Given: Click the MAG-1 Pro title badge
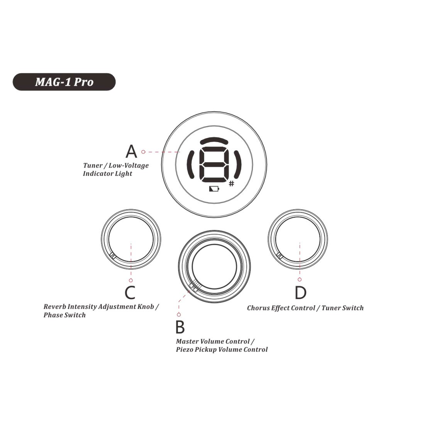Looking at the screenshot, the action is pos(64,82).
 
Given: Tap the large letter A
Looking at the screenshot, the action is pos(131,151).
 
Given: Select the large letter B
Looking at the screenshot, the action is pos(180,327).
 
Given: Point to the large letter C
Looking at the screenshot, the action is pos(130,293).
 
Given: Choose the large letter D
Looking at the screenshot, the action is pos(300,293).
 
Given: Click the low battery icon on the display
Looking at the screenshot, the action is pos(214,189).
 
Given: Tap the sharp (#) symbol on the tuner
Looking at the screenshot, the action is pos(231,184).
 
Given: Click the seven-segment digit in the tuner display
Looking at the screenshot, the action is pos(214,165).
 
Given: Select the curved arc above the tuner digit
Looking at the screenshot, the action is pos(214,141).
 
